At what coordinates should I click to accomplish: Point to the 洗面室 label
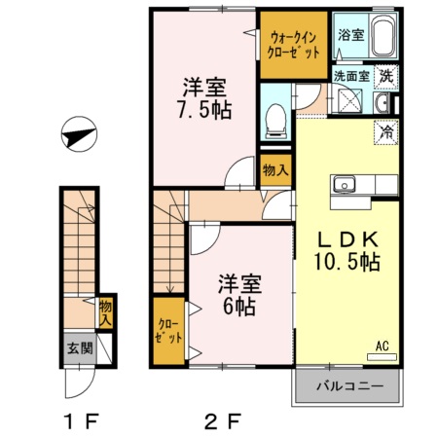point(350,74)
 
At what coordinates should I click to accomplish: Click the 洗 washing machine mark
point(386,74)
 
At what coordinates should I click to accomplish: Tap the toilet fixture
point(274,120)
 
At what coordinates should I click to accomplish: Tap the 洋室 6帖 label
point(237,295)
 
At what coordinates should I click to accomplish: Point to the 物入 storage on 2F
point(274,169)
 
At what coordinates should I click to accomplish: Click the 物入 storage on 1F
point(106,312)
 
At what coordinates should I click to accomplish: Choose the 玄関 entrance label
point(78,347)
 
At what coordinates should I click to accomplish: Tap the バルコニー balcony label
point(347,386)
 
